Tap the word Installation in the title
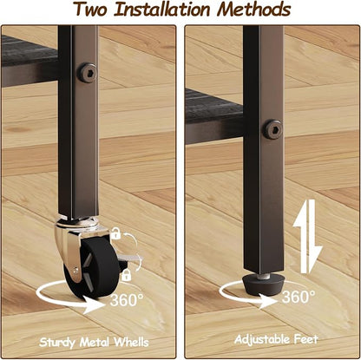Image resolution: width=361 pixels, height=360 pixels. coord(162,10)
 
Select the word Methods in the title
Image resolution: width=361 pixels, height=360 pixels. coord(254,10)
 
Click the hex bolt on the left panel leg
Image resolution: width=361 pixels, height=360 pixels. coord(87,72)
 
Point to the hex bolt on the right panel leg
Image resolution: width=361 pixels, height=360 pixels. coord(272,128)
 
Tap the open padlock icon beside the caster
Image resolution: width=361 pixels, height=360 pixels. coord(116,233)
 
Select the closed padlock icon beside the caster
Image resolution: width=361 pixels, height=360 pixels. coord(127,275)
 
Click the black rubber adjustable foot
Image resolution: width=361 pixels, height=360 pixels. coord(264,285)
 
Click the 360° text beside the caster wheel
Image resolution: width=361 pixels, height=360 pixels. coord(127,300)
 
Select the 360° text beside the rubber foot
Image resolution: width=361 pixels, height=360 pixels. coord(299,297)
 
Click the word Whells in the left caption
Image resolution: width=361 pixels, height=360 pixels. coord(131,343)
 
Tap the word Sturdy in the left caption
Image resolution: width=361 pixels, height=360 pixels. coord(57,343)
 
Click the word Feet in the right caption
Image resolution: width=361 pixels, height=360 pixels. coord(306,339)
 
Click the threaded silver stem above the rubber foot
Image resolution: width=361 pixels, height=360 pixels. coord(264,277)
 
